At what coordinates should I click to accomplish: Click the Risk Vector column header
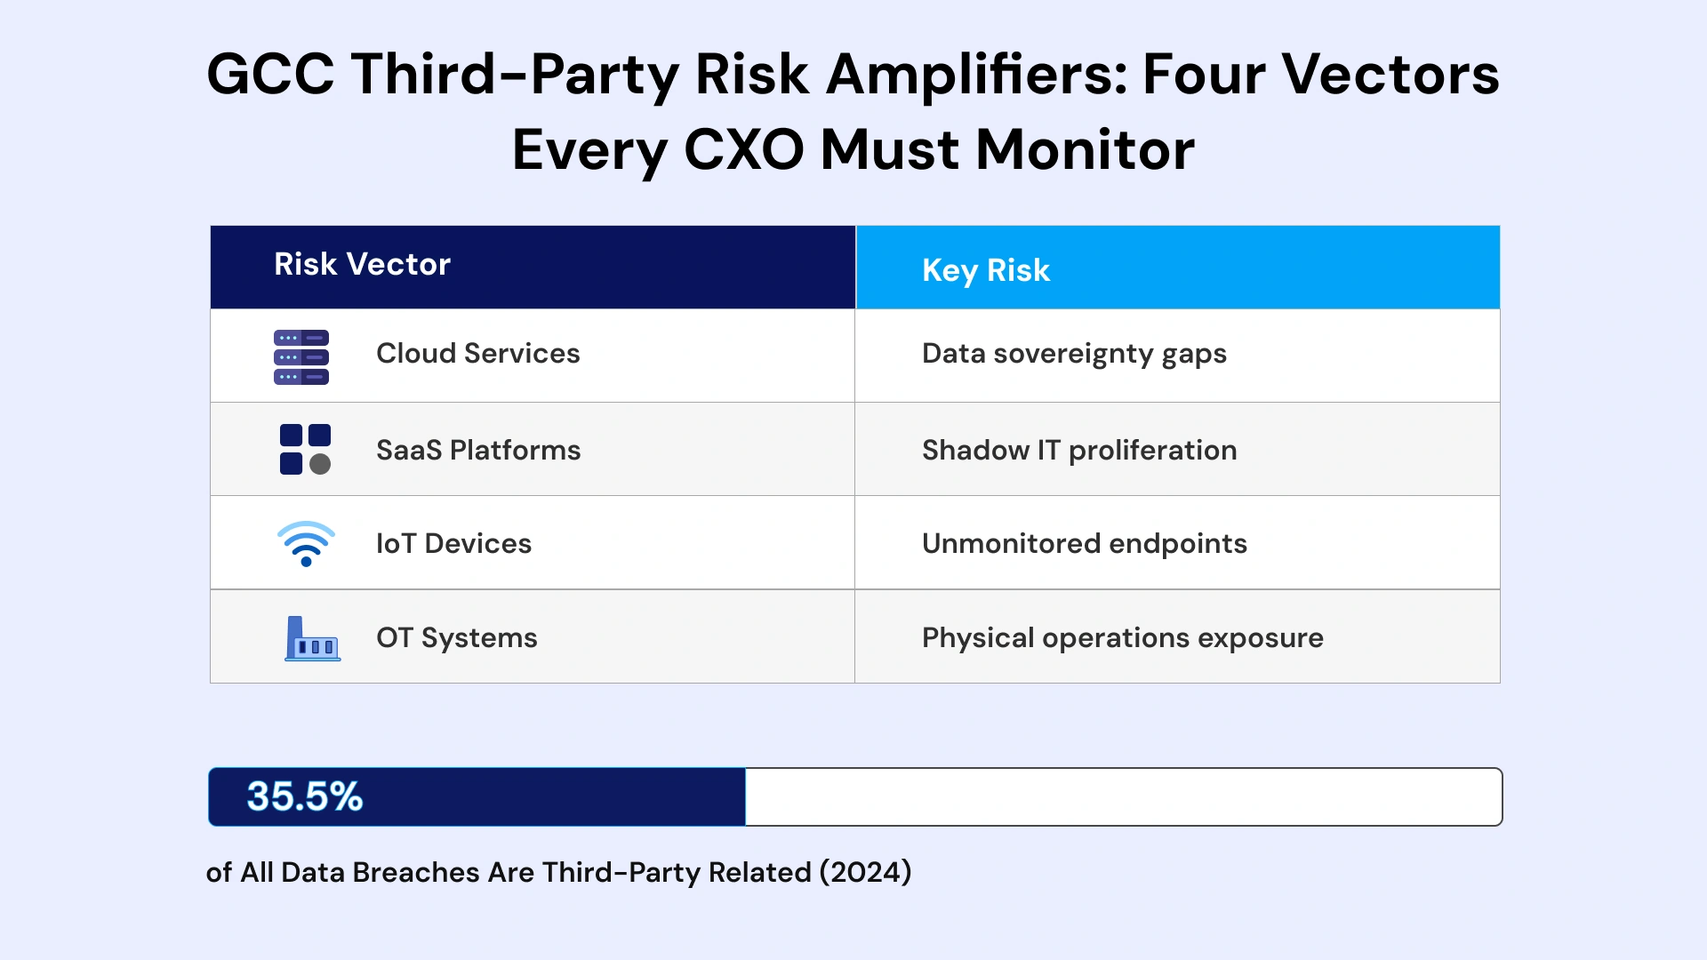point(362,264)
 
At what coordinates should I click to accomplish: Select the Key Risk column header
point(985,270)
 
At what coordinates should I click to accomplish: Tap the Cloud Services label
point(477,354)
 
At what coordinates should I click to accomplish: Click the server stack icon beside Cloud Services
point(301,357)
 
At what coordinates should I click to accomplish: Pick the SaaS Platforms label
point(477,451)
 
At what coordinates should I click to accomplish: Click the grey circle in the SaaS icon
point(320,464)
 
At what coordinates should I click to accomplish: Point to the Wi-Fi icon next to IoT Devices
point(306,543)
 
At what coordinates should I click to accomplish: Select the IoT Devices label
point(453,544)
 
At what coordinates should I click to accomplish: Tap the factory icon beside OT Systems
point(311,639)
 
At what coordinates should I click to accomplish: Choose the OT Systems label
point(456,638)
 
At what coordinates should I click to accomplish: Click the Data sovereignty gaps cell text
point(1073,354)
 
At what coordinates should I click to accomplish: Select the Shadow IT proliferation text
point(1078,451)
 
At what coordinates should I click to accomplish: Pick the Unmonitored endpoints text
point(1084,544)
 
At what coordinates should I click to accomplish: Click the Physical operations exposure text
point(1122,638)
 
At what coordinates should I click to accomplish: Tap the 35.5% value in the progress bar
point(304,796)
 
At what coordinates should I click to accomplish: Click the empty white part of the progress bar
point(1122,797)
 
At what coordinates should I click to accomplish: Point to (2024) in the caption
point(865,872)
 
